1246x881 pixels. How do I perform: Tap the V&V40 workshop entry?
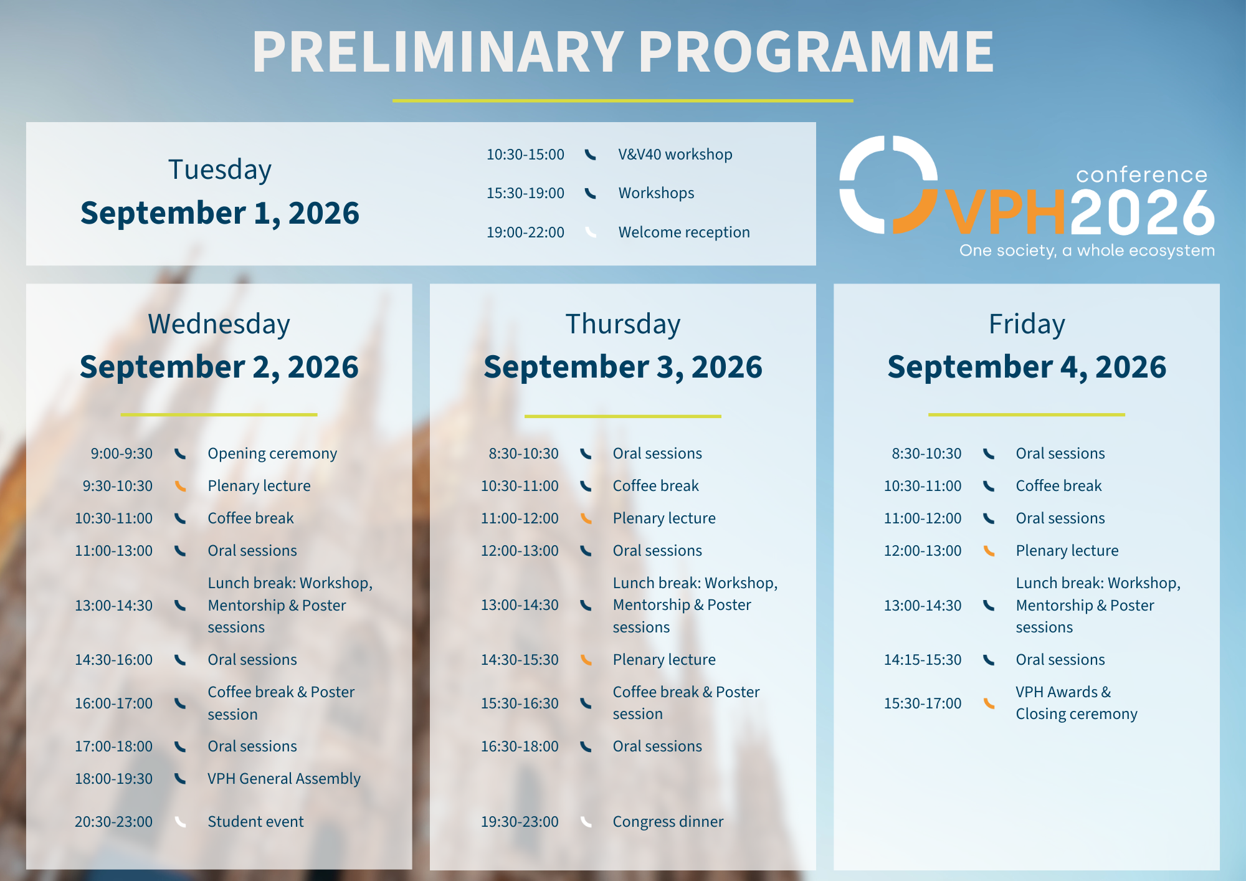click(x=675, y=155)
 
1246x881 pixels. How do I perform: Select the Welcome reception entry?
click(x=683, y=232)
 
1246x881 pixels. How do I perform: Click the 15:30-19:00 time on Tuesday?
click(x=525, y=193)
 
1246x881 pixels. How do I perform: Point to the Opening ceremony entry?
click(x=272, y=454)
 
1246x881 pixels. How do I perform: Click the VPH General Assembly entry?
click(x=284, y=779)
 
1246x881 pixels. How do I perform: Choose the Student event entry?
click(x=255, y=822)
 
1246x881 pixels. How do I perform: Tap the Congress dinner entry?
click(x=668, y=822)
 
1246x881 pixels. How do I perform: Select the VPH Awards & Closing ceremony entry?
click(x=1076, y=703)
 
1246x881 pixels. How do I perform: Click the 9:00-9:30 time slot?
click(x=121, y=454)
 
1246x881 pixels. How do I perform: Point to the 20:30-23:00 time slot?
click(x=113, y=822)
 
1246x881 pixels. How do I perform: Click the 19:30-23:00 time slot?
click(x=520, y=822)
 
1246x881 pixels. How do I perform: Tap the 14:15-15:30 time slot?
click(x=923, y=660)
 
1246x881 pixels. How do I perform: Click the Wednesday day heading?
click(x=219, y=324)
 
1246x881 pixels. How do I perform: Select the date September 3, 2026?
click(x=622, y=366)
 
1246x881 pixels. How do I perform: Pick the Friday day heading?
click(x=1027, y=324)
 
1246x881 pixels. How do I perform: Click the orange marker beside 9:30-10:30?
click(x=180, y=486)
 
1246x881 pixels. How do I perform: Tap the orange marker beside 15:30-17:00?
click(x=989, y=703)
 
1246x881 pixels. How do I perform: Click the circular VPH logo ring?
click(x=888, y=185)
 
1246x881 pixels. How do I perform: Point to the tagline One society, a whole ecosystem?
click(x=1087, y=250)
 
